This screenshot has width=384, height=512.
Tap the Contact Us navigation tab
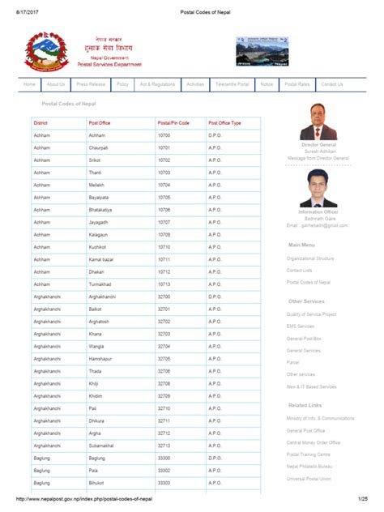point(331,84)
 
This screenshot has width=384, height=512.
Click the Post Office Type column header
point(224,122)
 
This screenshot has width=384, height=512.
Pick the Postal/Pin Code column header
point(173,122)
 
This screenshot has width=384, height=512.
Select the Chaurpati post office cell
point(98,148)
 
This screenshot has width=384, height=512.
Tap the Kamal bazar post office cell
point(100,259)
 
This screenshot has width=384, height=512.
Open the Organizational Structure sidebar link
point(309,258)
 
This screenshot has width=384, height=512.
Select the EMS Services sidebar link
point(300,326)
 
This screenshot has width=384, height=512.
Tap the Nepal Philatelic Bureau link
point(312,467)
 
